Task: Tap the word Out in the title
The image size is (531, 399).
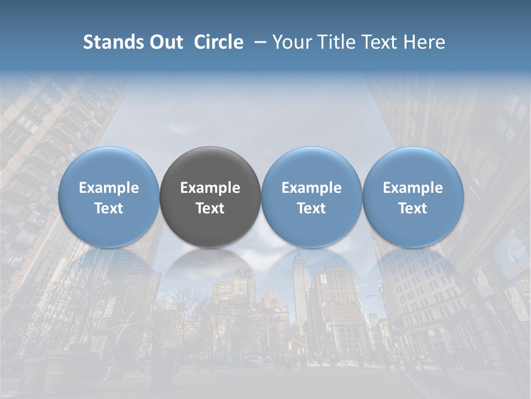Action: pos(165,42)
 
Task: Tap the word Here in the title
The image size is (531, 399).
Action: pos(425,42)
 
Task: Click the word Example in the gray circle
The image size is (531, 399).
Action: pos(210,188)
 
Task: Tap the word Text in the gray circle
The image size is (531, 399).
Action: pos(210,208)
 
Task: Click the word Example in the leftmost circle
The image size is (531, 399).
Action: pos(109,188)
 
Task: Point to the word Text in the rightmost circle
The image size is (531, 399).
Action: pos(413,208)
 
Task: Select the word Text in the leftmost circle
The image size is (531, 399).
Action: pos(109,208)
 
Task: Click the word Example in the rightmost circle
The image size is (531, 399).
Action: pos(413,188)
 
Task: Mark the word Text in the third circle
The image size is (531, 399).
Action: pos(311,208)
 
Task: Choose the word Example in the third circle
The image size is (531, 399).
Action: pos(311,188)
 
